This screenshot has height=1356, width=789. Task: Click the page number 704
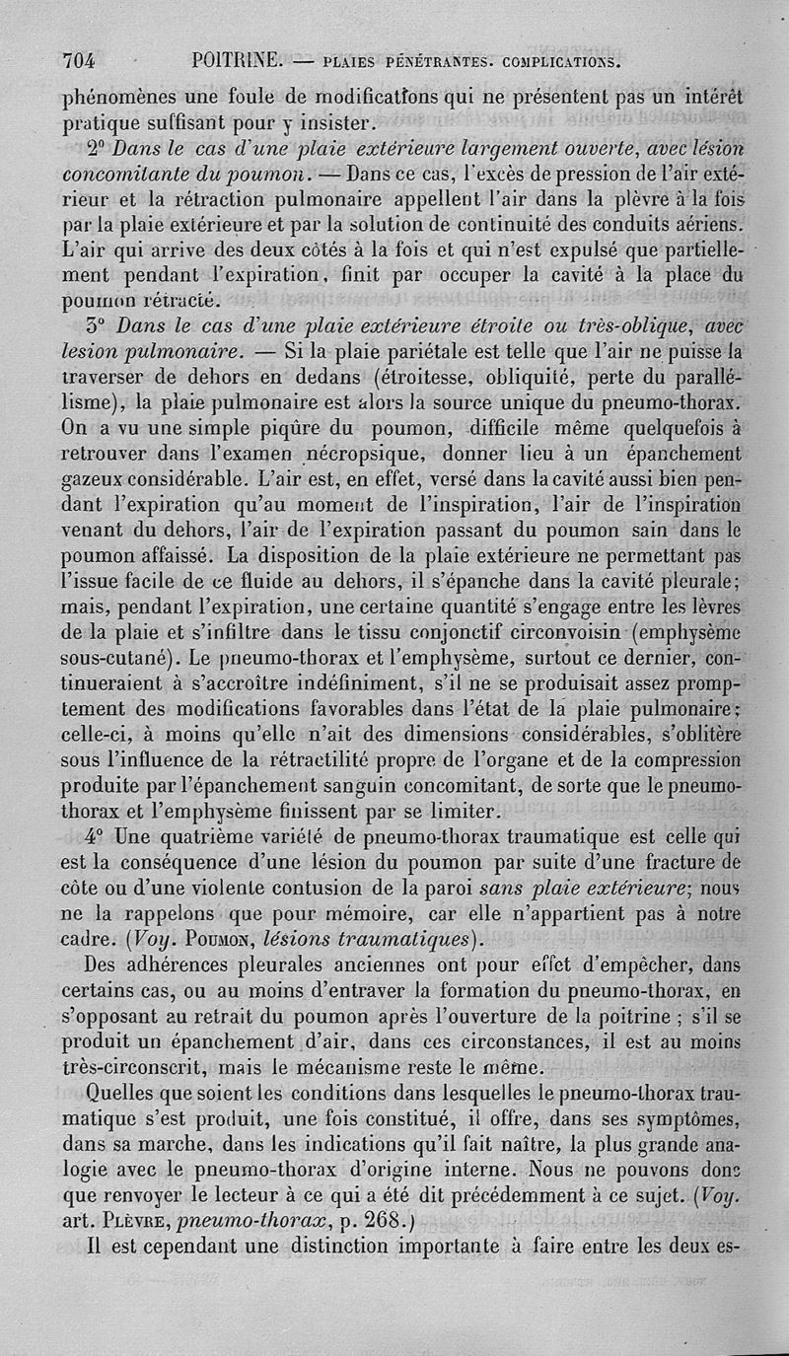78,61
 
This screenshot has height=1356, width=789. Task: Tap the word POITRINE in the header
240,60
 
